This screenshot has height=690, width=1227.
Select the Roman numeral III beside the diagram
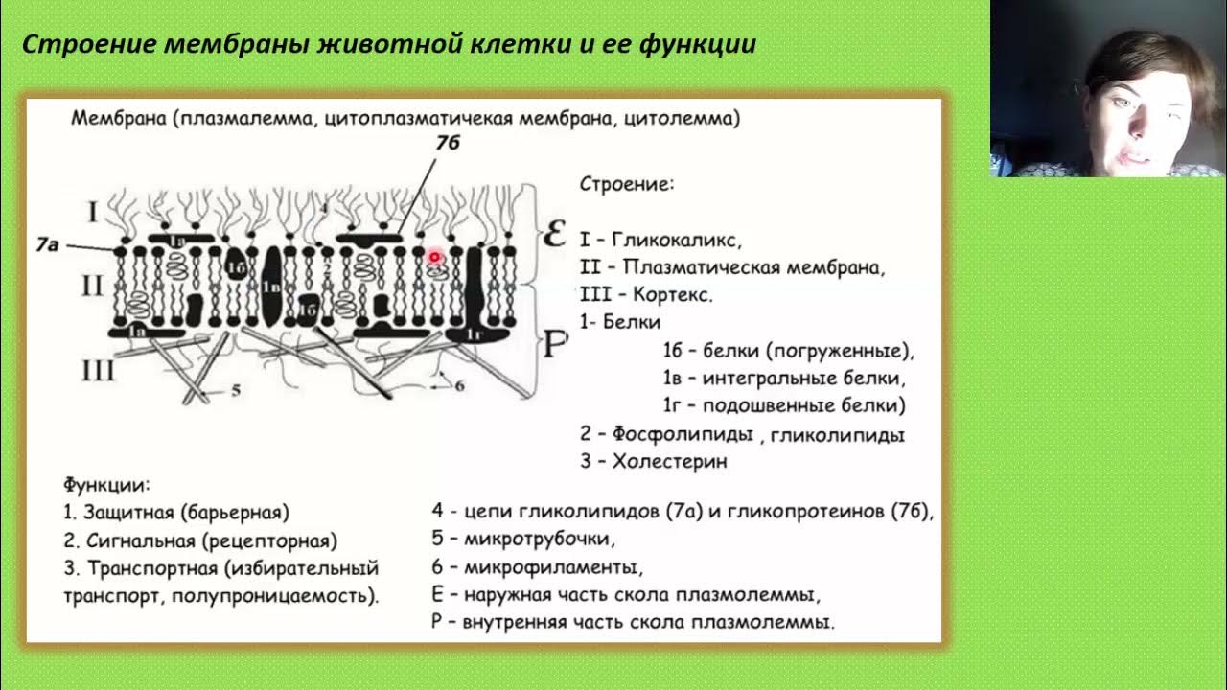(98, 371)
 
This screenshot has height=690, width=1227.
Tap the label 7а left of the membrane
(47, 245)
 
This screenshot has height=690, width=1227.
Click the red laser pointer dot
(434, 257)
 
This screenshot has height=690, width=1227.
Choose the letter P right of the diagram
(555, 345)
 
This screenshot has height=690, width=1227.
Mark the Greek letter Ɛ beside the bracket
(554, 234)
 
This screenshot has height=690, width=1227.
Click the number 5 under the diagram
(237, 390)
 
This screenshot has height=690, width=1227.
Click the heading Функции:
(106, 485)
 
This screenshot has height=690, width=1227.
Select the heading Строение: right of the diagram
(627, 183)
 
